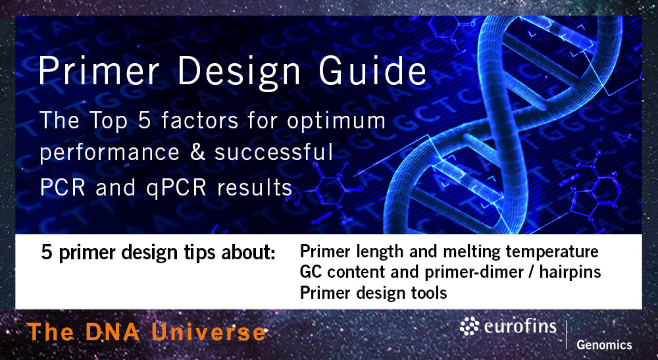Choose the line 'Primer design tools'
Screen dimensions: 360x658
pyautogui.click(x=373, y=292)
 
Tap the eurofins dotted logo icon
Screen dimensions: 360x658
pyautogui.click(x=470, y=327)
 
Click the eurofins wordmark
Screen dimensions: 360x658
pyautogui.click(x=520, y=326)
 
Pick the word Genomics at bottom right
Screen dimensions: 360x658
pyautogui.click(x=603, y=345)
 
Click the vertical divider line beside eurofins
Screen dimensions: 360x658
pyautogui.click(x=567, y=332)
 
